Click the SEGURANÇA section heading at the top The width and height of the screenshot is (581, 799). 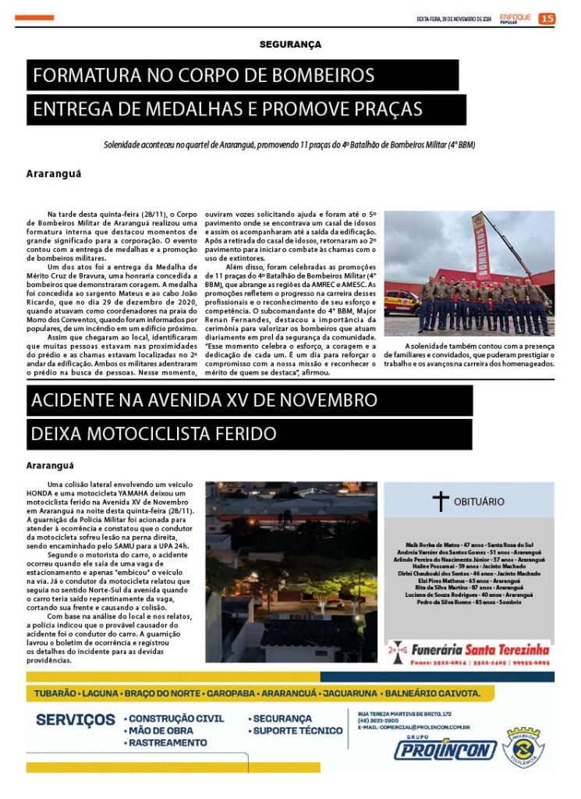[290, 44]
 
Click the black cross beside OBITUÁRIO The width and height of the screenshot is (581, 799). [441, 501]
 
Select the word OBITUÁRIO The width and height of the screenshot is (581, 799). [479, 502]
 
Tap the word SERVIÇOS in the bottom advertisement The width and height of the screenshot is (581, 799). [75, 719]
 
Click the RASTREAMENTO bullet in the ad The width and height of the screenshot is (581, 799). [168, 743]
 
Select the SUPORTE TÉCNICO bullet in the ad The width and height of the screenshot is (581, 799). [297, 730]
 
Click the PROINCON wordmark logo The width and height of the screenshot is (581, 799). [445, 751]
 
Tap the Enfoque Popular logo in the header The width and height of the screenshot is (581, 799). [515, 18]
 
